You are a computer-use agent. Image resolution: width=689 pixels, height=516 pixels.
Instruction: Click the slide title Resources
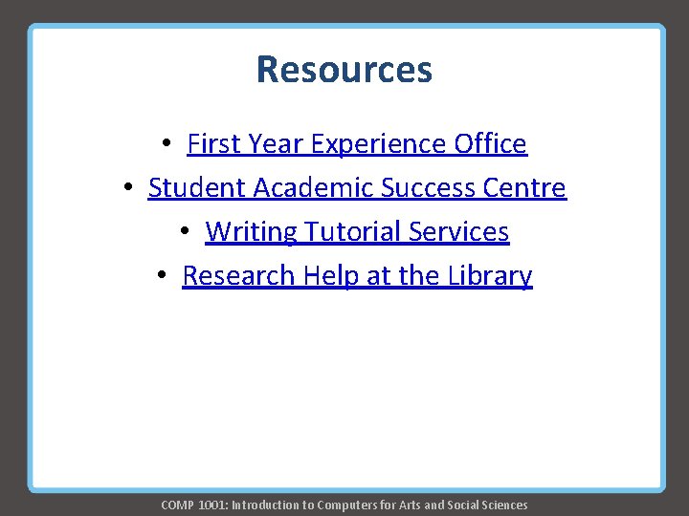(344, 70)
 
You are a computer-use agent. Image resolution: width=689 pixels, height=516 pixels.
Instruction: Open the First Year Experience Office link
(357, 143)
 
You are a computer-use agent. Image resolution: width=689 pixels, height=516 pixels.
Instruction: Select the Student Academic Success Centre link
(357, 187)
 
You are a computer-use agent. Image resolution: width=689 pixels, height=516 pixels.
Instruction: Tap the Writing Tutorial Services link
(357, 231)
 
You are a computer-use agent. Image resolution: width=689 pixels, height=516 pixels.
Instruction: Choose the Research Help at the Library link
(357, 275)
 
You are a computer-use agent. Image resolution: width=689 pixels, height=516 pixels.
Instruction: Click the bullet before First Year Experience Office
(167, 144)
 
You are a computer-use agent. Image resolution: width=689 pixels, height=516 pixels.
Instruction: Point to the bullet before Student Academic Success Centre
(128, 188)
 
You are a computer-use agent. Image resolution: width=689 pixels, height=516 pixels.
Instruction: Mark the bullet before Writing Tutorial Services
(186, 232)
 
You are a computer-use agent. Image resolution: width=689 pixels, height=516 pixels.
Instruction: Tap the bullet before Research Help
(163, 276)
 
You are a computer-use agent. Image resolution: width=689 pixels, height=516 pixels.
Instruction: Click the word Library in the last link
(489, 275)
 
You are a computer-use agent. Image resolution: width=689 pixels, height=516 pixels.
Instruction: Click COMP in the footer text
(176, 505)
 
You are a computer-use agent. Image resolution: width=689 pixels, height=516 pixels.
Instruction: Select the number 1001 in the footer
(211, 505)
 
